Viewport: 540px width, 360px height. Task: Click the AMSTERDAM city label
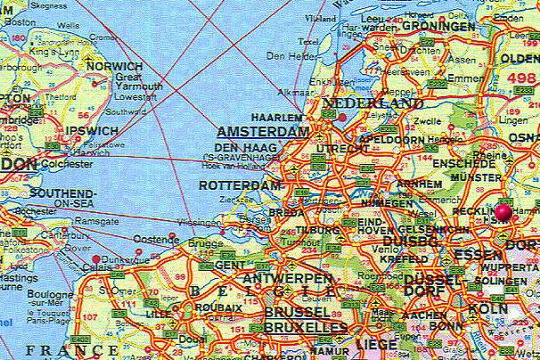tap(262, 130)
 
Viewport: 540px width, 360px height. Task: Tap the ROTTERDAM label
tap(240, 185)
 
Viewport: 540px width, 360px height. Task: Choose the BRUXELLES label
tap(306, 328)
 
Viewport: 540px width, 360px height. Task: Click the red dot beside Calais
tap(96, 259)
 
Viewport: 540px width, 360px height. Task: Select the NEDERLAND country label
tap(372, 105)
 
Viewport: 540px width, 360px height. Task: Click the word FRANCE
tap(61, 349)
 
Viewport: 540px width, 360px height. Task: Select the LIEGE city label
tap(375, 343)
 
